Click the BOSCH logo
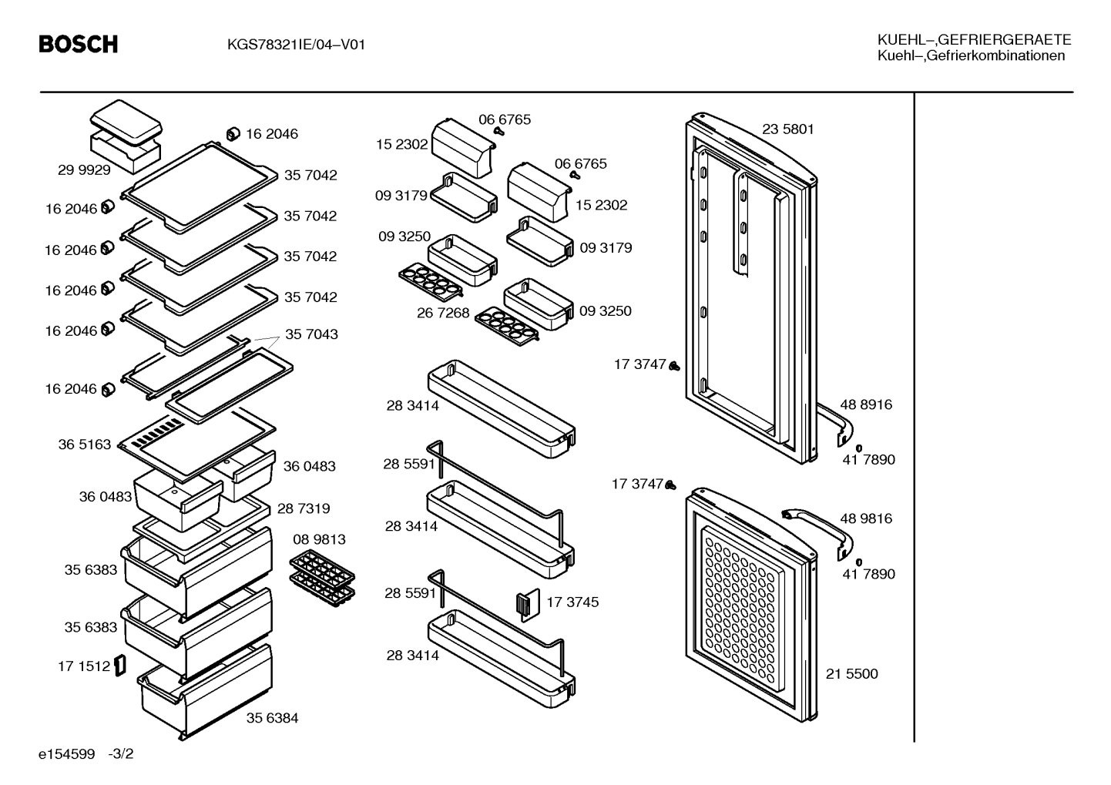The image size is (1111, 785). tap(79, 44)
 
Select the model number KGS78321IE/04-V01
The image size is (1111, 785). tap(296, 45)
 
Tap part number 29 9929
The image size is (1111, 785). tap(84, 170)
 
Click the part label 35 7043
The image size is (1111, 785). tap(311, 334)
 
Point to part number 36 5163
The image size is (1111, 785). tap(84, 444)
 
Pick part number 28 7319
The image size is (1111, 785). tap(304, 508)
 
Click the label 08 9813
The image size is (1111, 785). tap(319, 539)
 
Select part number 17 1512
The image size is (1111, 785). tap(84, 666)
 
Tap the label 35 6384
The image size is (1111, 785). tap(272, 718)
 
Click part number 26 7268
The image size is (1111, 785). tap(443, 313)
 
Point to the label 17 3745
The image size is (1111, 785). tap(572, 602)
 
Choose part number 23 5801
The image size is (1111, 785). tap(788, 129)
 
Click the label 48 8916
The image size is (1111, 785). tap(866, 404)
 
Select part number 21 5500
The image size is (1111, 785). tap(851, 673)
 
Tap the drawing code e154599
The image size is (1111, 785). tap(66, 754)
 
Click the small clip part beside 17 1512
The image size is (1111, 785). tap(120, 666)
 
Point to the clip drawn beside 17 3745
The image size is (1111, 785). tap(528, 605)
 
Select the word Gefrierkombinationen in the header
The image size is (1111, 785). tap(995, 55)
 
